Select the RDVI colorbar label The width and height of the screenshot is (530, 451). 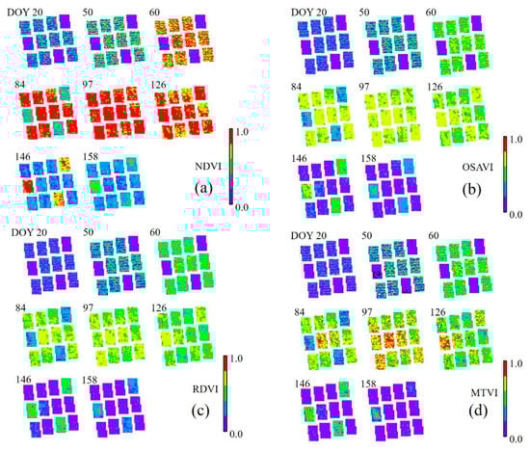[x=209, y=391]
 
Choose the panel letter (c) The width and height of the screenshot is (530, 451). [x=202, y=418]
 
